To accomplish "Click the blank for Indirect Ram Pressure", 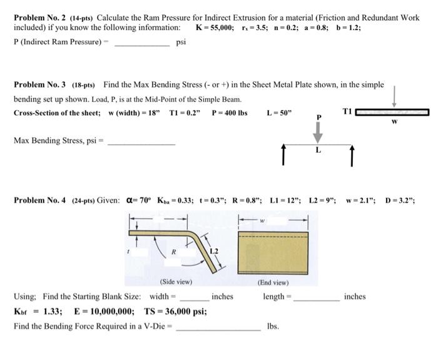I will pyautogui.click(x=141, y=43).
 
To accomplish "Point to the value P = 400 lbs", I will pyautogui.click(x=230, y=113).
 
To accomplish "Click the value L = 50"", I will pyautogui.click(x=279, y=113).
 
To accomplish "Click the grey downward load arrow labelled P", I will pyautogui.click(x=318, y=130).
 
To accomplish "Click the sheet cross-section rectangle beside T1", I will pyautogui.click(x=392, y=112).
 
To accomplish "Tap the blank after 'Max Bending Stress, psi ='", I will pyautogui.click(x=141, y=141).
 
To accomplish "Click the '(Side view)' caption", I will pyautogui.click(x=176, y=282).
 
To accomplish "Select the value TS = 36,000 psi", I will pyautogui.click(x=176, y=312).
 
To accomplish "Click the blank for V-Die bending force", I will pyautogui.click(x=218, y=327).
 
